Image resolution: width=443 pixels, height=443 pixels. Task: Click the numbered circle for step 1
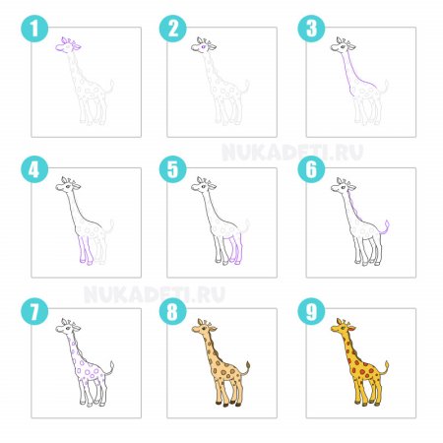(34, 29)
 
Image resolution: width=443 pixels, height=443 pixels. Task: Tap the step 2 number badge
(173, 29)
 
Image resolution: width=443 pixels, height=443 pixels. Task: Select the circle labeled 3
(311, 29)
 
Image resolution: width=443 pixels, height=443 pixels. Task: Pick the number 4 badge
(34, 169)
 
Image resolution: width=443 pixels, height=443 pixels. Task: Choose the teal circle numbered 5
(173, 169)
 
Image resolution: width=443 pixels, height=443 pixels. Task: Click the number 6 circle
(311, 169)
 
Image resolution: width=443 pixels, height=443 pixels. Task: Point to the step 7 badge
(34, 311)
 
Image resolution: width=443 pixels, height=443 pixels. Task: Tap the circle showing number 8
(173, 311)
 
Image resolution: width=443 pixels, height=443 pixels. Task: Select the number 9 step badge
(311, 311)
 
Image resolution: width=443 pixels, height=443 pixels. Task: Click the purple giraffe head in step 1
(68, 45)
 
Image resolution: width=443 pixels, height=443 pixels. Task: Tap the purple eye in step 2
(204, 47)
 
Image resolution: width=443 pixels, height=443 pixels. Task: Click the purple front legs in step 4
(86, 249)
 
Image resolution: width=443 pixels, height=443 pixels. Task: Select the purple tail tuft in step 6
(387, 224)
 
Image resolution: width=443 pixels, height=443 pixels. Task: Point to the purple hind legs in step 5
(237, 249)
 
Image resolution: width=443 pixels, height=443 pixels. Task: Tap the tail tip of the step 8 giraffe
(248, 365)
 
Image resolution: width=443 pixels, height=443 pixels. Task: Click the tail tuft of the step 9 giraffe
(387, 365)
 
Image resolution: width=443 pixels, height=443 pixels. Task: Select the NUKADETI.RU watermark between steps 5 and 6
(292, 153)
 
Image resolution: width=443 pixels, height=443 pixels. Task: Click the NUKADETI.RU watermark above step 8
(155, 294)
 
